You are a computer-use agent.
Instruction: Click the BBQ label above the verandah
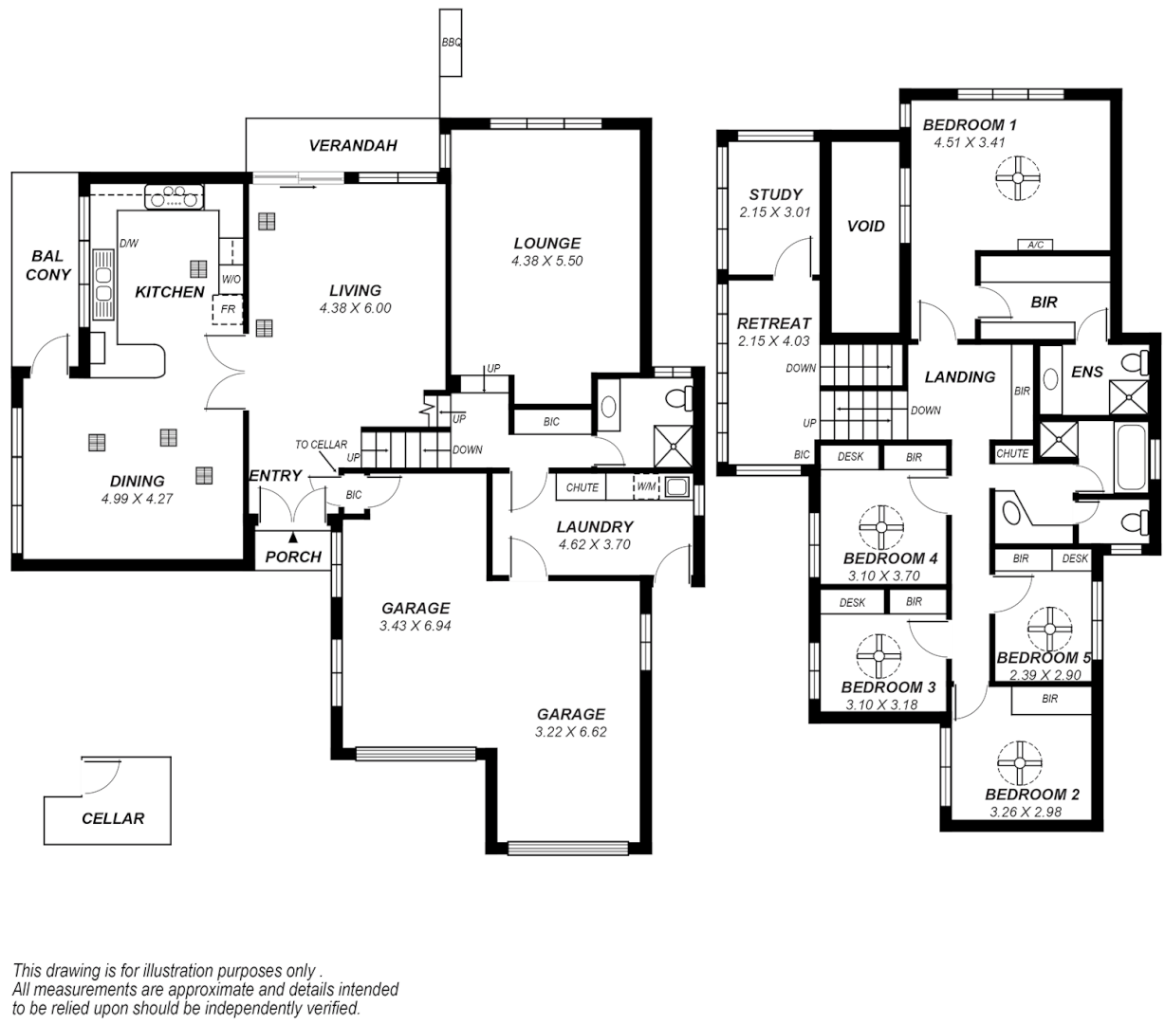[452, 44]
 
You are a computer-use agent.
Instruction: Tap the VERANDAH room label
[353, 146]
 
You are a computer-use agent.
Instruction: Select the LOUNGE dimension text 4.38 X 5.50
[546, 261]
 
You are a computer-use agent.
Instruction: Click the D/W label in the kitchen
[129, 244]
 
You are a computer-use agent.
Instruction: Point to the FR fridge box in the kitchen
[228, 310]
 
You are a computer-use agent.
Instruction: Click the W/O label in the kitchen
[231, 280]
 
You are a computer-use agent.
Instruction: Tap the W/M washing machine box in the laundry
[646, 487]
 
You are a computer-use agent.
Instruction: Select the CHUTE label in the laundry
[582, 487]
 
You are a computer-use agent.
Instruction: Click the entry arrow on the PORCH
[292, 538]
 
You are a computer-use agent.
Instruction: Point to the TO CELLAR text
[321, 445]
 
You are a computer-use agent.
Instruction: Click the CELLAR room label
[113, 818]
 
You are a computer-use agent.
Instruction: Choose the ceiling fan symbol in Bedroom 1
[1018, 177]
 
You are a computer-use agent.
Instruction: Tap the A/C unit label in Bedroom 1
[1035, 245]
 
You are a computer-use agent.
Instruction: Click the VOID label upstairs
[865, 226]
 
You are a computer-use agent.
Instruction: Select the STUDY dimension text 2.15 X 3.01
[775, 212]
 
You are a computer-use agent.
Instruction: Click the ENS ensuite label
[1087, 372]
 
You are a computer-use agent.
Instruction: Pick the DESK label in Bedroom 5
[1075, 558]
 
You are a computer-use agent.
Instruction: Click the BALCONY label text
[47, 265]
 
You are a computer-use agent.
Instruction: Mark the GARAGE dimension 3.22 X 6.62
[571, 731]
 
